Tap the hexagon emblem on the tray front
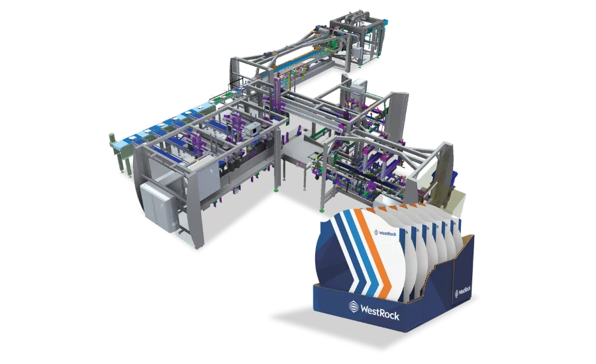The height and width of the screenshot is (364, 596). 354,306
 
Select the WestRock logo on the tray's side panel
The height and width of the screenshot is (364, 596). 463,291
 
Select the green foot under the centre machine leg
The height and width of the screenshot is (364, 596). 276,189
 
